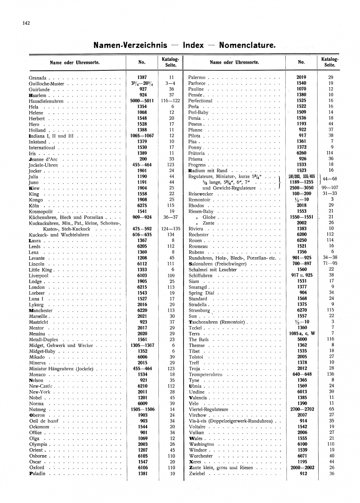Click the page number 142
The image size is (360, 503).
pyautogui.click(x=26, y=23)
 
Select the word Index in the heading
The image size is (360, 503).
pyautogui.click(x=193, y=45)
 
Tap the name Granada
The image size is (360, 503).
pyautogui.click(x=38, y=77)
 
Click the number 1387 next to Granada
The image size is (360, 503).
pyautogui.click(x=142, y=77)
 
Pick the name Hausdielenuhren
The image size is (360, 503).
pyautogui.click(x=46, y=101)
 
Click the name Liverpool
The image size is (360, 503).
pyautogui.click(x=39, y=276)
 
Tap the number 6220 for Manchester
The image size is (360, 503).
pyautogui.click(x=142, y=310)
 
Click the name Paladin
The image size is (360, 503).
pyautogui.click(x=37, y=474)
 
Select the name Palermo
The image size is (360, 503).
pyautogui.click(x=198, y=77)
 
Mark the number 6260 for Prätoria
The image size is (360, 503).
pyautogui.click(x=301, y=153)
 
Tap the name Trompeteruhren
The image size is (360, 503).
pyautogui.click(x=206, y=374)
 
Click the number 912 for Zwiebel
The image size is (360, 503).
pyautogui.click(x=301, y=474)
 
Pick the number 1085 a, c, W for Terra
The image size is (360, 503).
pyautogui.click(x=301, y=334)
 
